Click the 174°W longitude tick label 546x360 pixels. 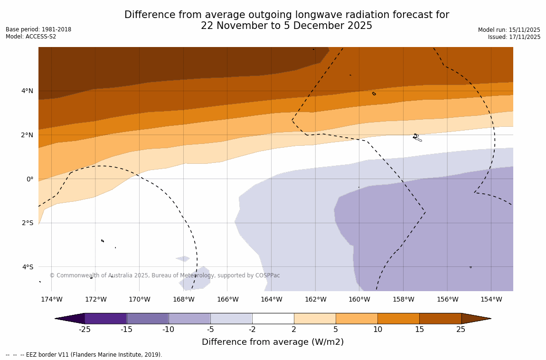(x=51, y=299)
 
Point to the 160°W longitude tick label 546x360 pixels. (x=359, y=299)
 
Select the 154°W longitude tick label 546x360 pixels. (x=491, y=299)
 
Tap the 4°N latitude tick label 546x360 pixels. (x=27, y=91)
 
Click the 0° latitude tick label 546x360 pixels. (x=30, y=179)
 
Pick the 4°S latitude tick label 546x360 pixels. (x=28, y=267)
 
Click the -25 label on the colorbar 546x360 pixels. (x=85, y=330)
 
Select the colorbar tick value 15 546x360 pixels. (x=419, y=330)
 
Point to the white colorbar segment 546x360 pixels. (x=273, y=319)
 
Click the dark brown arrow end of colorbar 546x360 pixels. (x=475, y=319)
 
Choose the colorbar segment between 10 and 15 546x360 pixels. (x=398, y=319)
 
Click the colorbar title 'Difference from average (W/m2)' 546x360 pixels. (x=273, y=342)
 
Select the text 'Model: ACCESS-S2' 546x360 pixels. (x=31, y=37)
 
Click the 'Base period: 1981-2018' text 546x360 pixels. (x=38, y=29)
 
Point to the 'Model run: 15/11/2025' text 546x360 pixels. (x=509, y=30)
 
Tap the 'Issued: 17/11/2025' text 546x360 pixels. (x=514, y=37)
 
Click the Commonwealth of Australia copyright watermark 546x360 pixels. (x=165, y=275)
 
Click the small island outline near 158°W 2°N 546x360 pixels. (x=416, y=137)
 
